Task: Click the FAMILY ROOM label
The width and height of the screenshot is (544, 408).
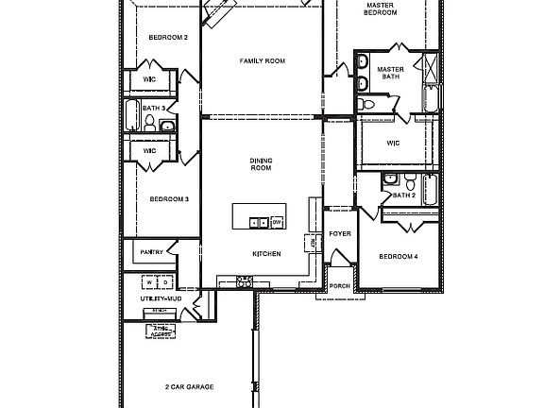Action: [262, 61]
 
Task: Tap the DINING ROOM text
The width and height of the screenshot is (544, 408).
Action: [261, 163]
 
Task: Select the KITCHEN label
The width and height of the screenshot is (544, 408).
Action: [265, 255]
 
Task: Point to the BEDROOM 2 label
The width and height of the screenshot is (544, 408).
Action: [168, 38]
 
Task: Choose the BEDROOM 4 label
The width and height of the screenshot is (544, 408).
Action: [398, 257]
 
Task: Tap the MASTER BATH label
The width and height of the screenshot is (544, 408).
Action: [391, 74]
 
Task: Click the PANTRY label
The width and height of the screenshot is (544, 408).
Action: [151, 252]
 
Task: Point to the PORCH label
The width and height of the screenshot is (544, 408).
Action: [339, 286]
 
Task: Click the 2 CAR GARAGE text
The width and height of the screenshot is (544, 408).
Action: [189, 387]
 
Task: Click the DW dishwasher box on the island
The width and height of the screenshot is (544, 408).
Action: [277, 222]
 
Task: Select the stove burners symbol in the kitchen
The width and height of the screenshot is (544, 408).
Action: [245, 280]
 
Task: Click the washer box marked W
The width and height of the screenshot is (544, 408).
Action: [148, 282]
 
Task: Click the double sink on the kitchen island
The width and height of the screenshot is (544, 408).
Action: [256, 223]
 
